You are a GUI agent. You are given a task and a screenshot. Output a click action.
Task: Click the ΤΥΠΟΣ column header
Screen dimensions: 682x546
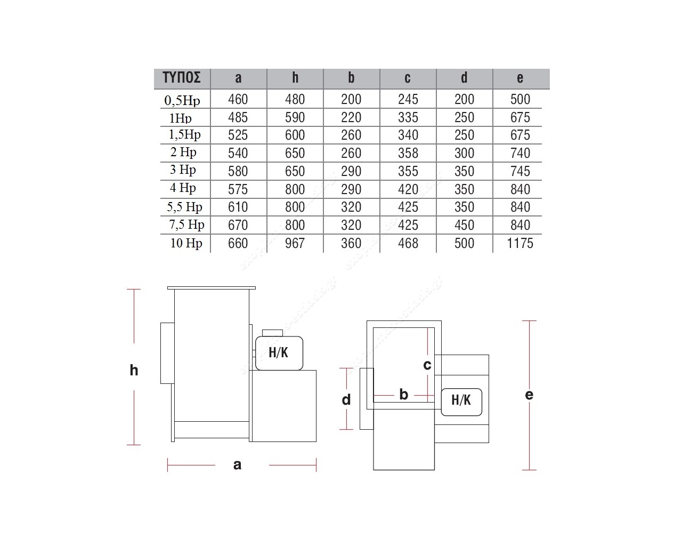tap(182, 78)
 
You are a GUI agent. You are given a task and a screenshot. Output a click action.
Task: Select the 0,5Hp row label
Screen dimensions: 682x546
tap(182, 101)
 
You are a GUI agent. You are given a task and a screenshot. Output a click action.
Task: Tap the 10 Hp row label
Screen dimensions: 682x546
tap(186, 243)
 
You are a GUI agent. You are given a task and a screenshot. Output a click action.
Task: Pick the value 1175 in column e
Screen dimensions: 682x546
tap(520, 243)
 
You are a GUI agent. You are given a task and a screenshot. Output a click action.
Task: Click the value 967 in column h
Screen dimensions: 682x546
tap(295, 243)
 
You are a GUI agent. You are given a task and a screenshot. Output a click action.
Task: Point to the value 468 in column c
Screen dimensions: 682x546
tap(408, 243)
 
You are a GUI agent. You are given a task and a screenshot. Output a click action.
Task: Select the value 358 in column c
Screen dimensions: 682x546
tap(408, 153)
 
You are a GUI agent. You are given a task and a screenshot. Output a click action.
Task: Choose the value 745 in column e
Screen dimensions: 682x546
tap(520, 171)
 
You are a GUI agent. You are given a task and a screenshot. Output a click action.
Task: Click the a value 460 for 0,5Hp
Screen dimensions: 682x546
tap(238, 99)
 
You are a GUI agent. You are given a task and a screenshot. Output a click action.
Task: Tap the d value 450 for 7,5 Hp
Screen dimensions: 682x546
tap(464, 225)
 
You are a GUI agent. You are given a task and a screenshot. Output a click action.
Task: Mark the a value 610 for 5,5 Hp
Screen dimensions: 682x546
tap(238, 207)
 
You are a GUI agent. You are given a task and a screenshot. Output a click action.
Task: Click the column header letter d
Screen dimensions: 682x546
tap(464, 77)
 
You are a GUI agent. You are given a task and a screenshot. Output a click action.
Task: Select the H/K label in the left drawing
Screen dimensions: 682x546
tap(278, 353)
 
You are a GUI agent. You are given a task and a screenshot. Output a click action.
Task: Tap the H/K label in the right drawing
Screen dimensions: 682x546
tap(461, 400)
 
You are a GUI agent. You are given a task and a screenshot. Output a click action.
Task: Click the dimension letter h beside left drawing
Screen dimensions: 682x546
tap(134, 370)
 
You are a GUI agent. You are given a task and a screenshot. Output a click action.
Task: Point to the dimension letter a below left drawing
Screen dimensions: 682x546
tap(238, 465)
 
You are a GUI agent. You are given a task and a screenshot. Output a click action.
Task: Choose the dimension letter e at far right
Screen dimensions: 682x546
tap(529, 395)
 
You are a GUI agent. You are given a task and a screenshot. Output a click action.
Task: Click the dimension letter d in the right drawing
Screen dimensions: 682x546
tap(346, 400)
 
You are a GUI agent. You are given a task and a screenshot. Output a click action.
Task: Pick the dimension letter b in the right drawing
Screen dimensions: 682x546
tap(403, 395)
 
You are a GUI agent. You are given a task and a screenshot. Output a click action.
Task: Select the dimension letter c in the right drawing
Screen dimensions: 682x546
tap(427, 365)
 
